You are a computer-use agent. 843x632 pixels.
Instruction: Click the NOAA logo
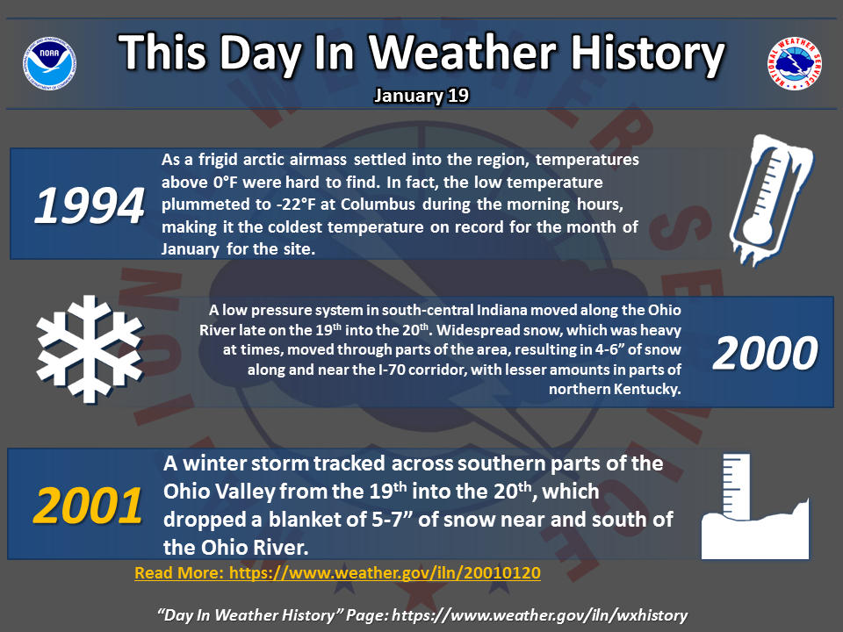(x=49, y=63)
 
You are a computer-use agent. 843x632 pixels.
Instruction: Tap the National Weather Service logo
(x=794, y=63)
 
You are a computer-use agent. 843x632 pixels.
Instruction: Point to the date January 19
(x=421, y=96)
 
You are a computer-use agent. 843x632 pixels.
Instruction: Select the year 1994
(x=90, y=205)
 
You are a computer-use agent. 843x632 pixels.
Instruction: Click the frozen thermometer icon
(x=771, y=200)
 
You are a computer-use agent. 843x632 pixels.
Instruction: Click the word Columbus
(x=378, y=205)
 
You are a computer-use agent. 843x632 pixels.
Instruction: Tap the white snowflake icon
(x=90, y=349)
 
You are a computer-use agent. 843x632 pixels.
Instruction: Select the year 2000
(x=765, y=353)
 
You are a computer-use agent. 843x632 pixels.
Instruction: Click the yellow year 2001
(x=88, y=506)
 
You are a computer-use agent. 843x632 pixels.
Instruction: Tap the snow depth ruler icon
(x=755, y=506)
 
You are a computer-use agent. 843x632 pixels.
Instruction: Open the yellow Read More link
(x=337, y=573)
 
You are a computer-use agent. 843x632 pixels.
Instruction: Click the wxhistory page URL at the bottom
(x=540, y=615)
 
